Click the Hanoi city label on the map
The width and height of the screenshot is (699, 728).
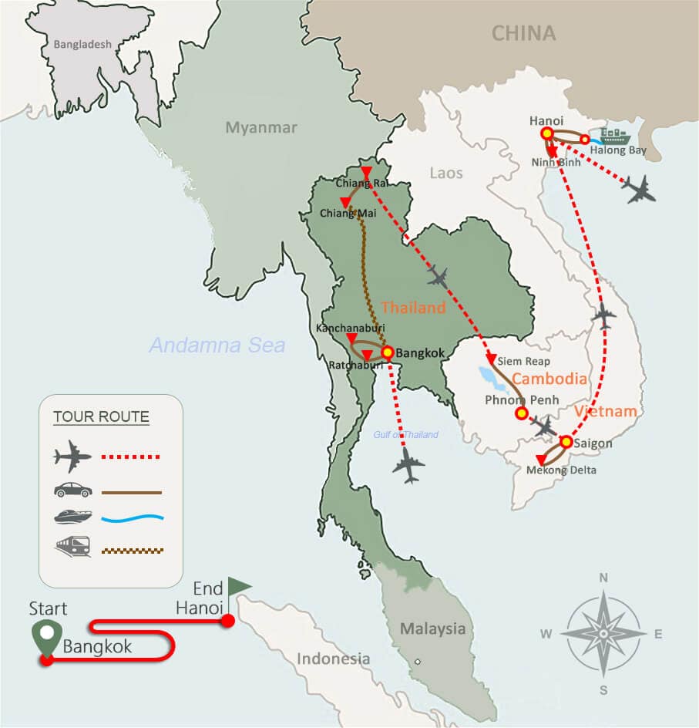[x=546, y=120]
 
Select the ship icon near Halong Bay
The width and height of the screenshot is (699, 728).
[x=614, y=136]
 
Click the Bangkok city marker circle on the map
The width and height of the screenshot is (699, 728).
[x=388, y=352]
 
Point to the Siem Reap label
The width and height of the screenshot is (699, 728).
[x=523, y=361]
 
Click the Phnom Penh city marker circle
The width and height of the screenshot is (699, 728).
[x=521, y=413]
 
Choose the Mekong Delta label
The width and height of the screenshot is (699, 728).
[x=560, y=469]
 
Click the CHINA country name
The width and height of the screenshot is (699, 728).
[x=523, y=33]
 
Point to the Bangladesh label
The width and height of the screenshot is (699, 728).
[x=82, y=44]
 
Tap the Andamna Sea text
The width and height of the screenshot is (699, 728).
[x=217, y=345]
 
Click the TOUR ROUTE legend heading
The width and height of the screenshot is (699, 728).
[x=101, y=417]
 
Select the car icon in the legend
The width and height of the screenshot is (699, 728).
[x=73, y=490]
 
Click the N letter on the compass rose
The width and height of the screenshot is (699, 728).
[x=603, y=578]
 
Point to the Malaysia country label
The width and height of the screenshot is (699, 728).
[x=432, y=629]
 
